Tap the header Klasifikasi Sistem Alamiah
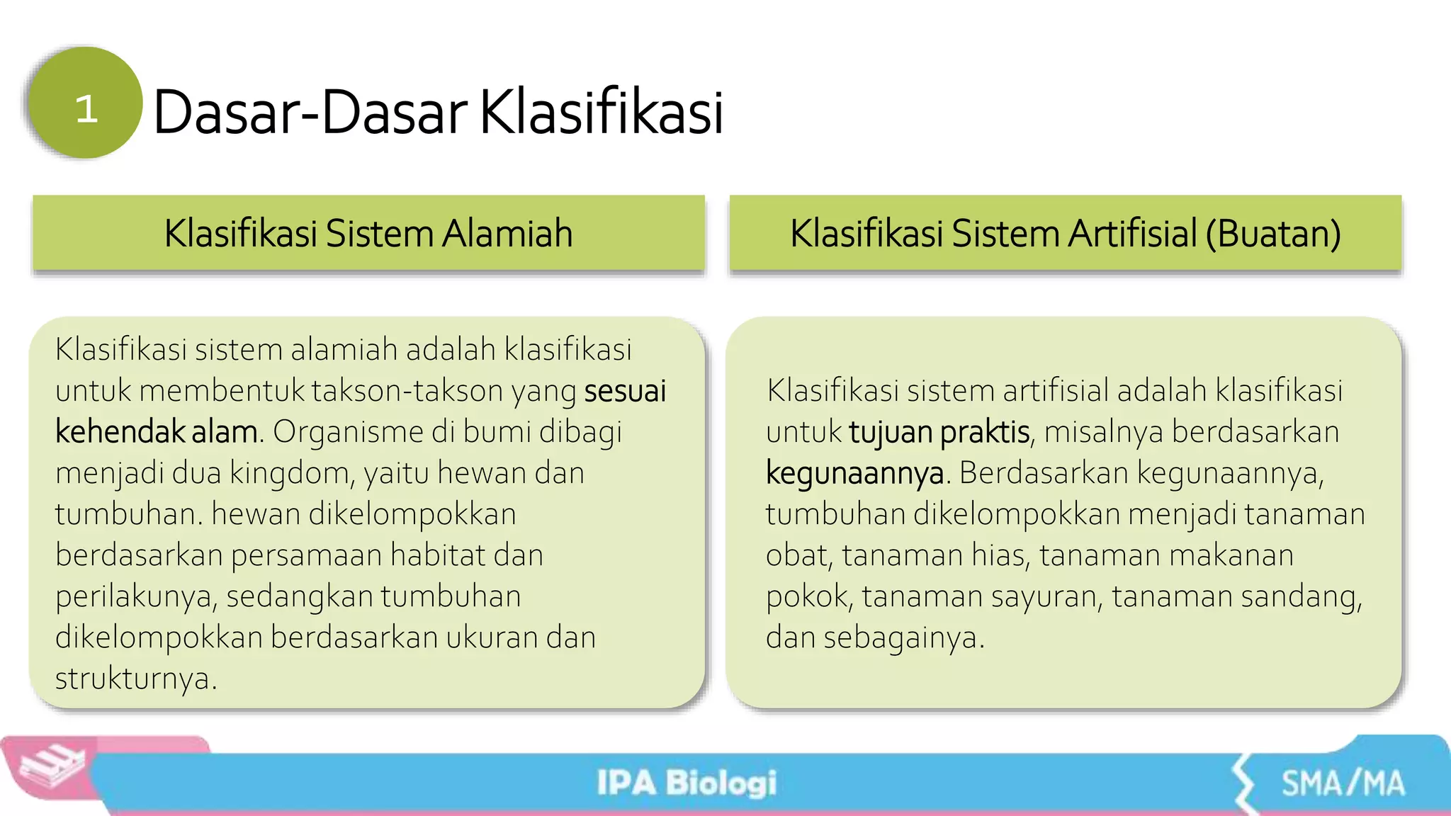[x=368, y=233]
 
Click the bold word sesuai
[x=625, y=391]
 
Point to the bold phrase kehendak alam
[x=156, y=432]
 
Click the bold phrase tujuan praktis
[x=939, y=432]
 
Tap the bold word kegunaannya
[x=854, y=473]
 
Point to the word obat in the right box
[x=796, y=555]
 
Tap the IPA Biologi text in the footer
[x=686, y=783]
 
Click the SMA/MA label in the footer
[x=1343, y=783]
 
